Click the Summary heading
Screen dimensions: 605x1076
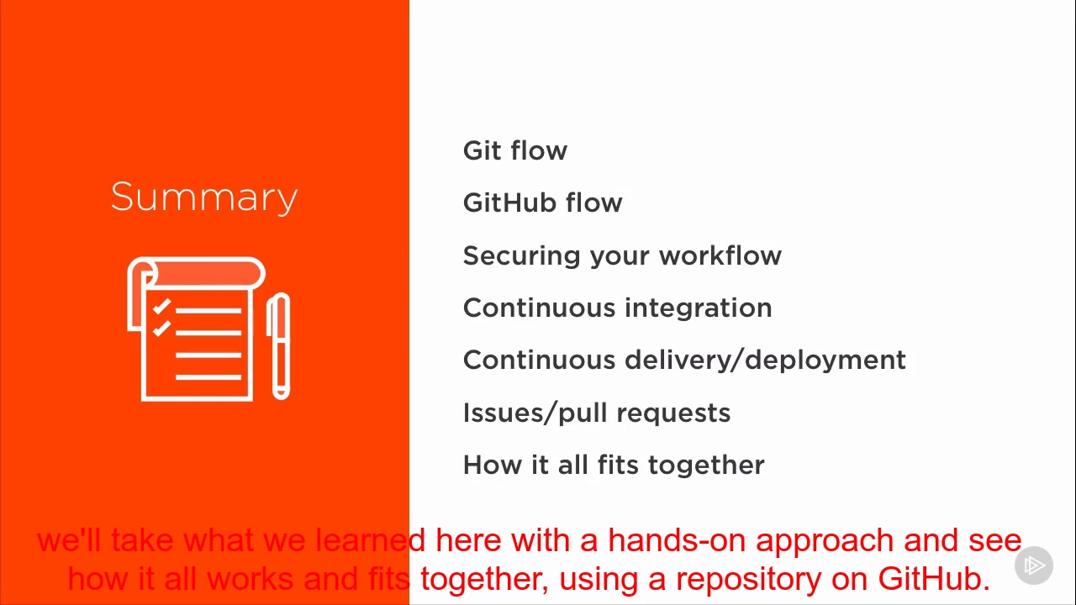point(204,197)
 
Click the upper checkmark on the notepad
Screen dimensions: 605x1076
point(161,308)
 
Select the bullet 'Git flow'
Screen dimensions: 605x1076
point(514,151)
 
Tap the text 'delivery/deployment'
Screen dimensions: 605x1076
point(765,360)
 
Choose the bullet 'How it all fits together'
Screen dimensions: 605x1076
point(614,466)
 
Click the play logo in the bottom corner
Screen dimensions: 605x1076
point(1034,566)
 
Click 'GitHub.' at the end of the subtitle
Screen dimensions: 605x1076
point(934,578)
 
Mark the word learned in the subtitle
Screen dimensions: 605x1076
point(371,539)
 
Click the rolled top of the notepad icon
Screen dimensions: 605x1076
point(202,274)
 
